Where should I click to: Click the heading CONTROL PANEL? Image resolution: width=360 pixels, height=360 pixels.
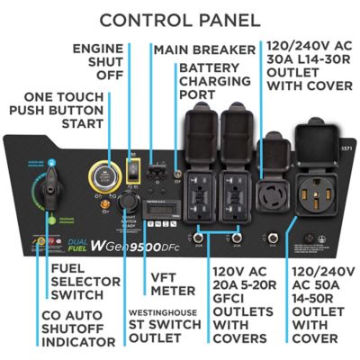(x=179, y=19)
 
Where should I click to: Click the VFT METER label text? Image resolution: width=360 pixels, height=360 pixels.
(x=171, y=283)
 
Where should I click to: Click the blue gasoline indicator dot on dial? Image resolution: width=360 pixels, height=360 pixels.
(x=53, y=164)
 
